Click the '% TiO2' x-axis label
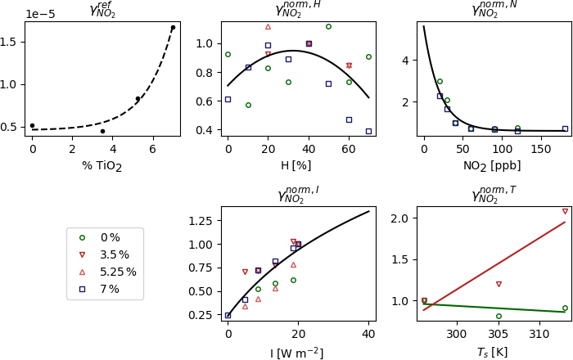[x=102, y=166]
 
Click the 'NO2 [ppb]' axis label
[x=492, y=166]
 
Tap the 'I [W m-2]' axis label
[x=296, y=353]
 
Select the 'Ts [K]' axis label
[x=492, y=352]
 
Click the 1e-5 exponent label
[x=40, y=14]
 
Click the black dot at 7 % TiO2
[x=173, y=28]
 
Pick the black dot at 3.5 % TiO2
[x=102, y=131]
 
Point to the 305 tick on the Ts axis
[x=499, y=335]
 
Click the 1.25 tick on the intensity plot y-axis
[x=201, y=221]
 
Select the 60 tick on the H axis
[x=349, y=150]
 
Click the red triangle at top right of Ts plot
[x=565, y=211]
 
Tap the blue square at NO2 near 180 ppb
[x=565, y=128]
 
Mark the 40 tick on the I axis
[x=368, y=335]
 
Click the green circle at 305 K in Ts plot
[x=499, y=316]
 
